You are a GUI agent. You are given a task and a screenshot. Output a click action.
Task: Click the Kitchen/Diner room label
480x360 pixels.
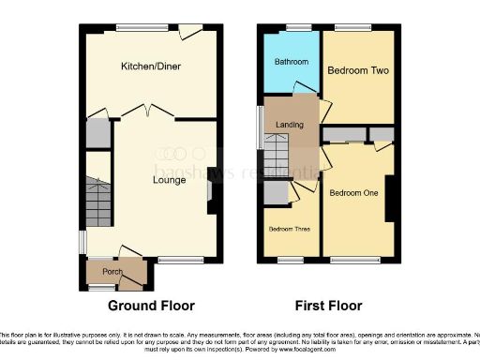tap(150, 67)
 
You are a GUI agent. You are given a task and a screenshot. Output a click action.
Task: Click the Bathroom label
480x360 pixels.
tap(291, 62)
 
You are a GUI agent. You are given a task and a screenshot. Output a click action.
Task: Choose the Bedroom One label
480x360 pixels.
tap(357, 194)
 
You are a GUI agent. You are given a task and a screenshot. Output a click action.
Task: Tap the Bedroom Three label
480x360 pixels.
tap(290, 229)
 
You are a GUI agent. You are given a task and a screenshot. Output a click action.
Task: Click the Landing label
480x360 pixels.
tap(288, 124)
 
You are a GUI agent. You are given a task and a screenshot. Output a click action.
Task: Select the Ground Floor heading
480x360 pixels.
tap(151, 306)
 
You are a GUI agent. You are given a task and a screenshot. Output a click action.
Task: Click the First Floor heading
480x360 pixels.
tap(328, 306)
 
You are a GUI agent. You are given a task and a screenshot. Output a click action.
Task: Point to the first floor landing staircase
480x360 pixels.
tap(277, 151)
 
